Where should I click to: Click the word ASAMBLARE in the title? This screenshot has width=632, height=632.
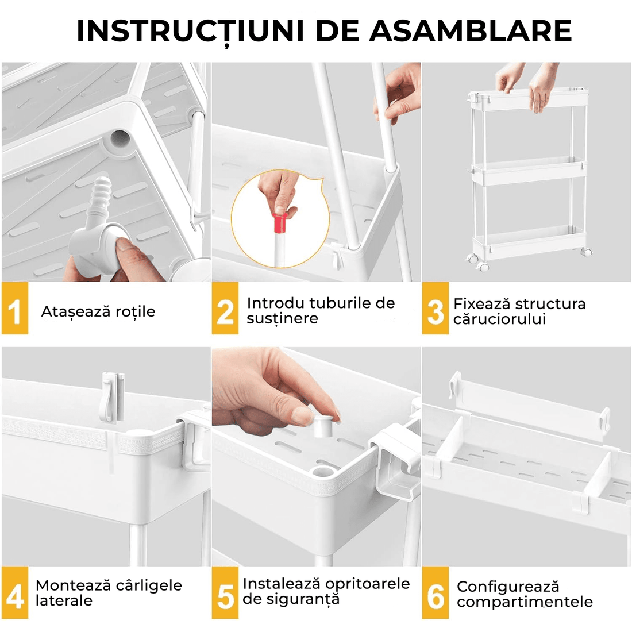pyautogui.click(x=471, y=31)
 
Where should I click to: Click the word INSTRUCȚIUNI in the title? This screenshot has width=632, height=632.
pyautogui.click(x=190, y=31)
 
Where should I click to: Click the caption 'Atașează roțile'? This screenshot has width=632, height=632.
pyautogui.click(x=98, y=311)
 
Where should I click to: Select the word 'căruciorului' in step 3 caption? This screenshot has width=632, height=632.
pyautogui.click(x=499, y=319)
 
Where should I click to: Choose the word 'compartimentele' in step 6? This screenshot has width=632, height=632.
pyautogui.click(x=525, y=602)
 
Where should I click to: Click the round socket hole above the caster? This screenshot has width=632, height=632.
pyautogui.click(x=121, y=138)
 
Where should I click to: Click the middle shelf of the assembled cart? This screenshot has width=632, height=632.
pyautogui.click(x=527, y=171)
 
